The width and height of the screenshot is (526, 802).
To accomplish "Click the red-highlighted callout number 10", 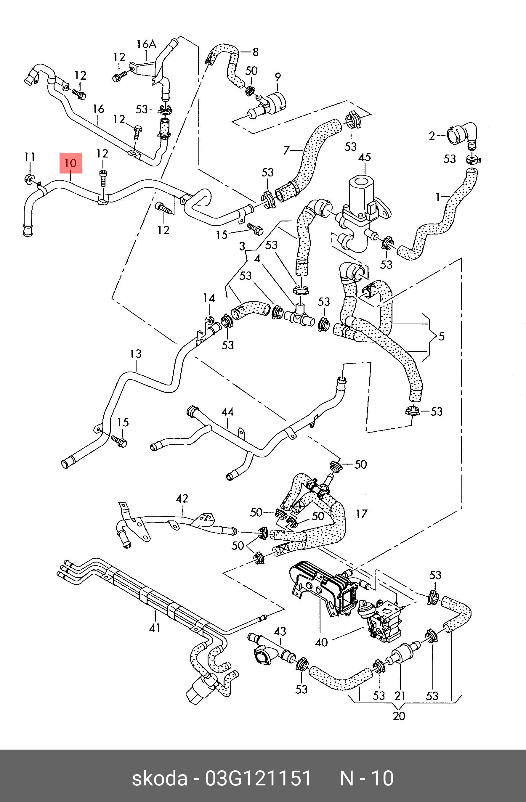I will point(71,163).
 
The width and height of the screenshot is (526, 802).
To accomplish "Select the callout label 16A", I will point(147,44).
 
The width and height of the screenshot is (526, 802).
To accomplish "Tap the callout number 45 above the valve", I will point(365,157).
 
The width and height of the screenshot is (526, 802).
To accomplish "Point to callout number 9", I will point(278,77).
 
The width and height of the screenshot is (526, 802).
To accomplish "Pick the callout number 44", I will point(227,412).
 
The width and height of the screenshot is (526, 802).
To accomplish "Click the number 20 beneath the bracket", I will point(399,716).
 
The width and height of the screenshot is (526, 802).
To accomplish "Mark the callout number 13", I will point(136,354).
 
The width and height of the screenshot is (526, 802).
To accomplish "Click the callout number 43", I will point(280,631).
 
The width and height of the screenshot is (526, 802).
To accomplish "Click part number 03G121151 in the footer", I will point(258,778).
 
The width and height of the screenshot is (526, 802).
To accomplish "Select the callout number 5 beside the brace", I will point(441,336).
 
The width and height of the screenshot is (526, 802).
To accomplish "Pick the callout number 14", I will point(209,298).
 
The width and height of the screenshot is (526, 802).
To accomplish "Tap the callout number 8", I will point(256,52).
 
